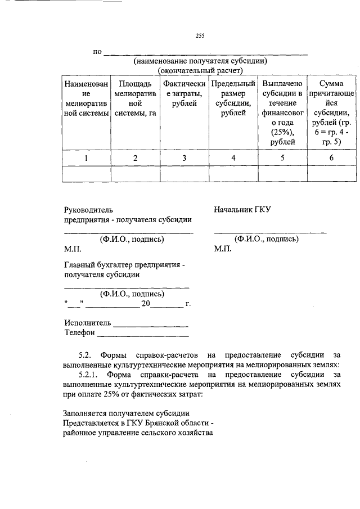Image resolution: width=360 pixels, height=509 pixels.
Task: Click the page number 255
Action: (x=200, y=37)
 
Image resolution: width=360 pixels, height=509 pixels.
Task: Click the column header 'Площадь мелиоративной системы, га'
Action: (x=135, y=98)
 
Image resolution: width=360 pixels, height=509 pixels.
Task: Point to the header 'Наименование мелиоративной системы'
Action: (x=85, y=98)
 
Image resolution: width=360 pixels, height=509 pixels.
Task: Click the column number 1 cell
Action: (x=85, y=158)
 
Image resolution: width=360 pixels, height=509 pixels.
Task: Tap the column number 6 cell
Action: (x=331, y=158)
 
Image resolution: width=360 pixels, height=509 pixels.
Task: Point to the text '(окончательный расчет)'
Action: (x=200, y=71)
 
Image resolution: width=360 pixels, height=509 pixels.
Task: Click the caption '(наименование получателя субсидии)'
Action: (x=200, y=61)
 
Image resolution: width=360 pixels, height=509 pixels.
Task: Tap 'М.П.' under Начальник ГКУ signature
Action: (x=223, y=249)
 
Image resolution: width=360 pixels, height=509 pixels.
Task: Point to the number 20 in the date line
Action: (x=146, y=304)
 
